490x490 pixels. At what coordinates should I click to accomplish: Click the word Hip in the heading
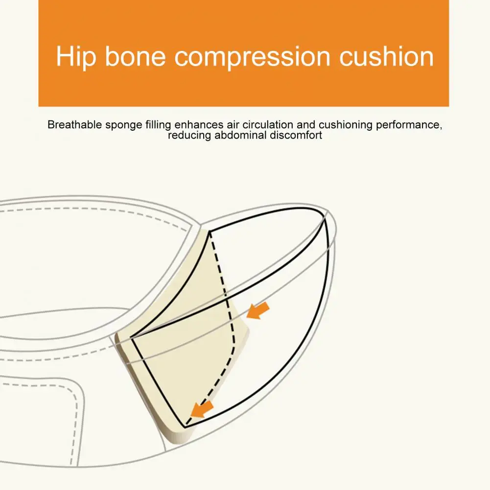75,57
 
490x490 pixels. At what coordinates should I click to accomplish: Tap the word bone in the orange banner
135,57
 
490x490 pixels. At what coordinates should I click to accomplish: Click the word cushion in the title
387,57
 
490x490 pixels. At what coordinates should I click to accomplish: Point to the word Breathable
75,125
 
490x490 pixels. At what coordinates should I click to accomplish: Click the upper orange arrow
258,310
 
